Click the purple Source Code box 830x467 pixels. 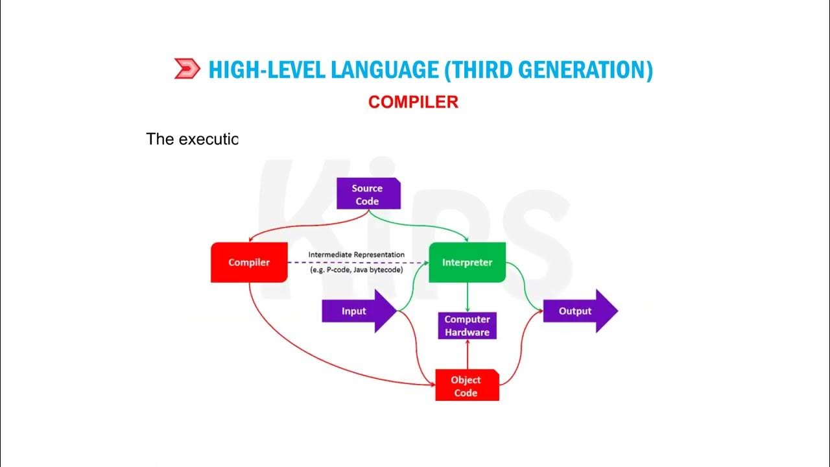point(367,195)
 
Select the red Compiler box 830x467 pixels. point(249,263)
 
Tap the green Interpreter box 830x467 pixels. point(467,263)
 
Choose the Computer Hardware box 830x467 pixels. point(467,326)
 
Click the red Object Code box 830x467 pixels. point(466,386)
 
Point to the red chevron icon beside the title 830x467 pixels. point(187,69)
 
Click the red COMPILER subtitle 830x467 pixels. point(413,102)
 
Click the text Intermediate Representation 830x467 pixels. point(356,255)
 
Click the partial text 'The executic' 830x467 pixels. point(193,139)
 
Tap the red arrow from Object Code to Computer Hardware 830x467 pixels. point(467,354)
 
